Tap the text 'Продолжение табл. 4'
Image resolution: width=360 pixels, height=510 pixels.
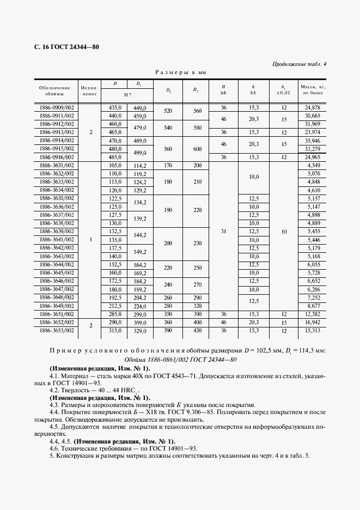point(299,64)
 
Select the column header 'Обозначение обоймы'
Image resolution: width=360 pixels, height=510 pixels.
point(55,90)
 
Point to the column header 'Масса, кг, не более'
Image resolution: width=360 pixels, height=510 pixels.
point(312,90)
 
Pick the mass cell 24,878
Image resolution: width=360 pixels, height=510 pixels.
point(313,108)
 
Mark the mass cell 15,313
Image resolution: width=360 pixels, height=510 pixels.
point(313,331)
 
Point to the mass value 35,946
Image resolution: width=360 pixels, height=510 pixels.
point(313,141)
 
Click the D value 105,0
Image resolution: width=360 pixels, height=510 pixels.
point(114,165)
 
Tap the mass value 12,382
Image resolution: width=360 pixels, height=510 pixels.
point(313,314)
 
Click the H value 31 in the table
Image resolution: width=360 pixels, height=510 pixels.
point(223,232)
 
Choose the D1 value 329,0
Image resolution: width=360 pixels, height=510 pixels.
point(141,331)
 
